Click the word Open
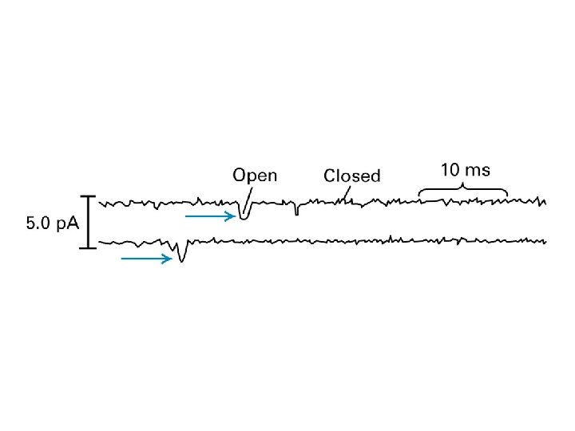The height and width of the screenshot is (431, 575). point(255,175)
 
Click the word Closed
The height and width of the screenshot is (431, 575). point(351,176)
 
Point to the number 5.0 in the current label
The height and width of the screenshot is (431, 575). point(39,223)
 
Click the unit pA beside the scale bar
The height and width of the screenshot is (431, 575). point(67,224)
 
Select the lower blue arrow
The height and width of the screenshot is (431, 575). point(147,258)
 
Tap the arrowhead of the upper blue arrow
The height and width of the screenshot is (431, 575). point(232,215)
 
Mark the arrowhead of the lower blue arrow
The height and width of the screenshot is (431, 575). point(169,258)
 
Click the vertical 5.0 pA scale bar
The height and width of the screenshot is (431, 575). point(88,222)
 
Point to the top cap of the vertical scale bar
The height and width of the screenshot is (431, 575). point(88,196)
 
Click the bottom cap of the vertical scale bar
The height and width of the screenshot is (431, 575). point(88,247)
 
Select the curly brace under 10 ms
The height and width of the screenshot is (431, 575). point(464,191)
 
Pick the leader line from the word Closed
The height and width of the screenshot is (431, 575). point(347,192)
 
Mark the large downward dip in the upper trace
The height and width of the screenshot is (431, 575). point(243,215)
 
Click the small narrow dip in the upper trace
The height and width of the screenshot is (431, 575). point(296,212)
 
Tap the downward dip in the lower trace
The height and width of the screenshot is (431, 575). point(182,256)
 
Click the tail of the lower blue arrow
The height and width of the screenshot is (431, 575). point(124,258)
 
